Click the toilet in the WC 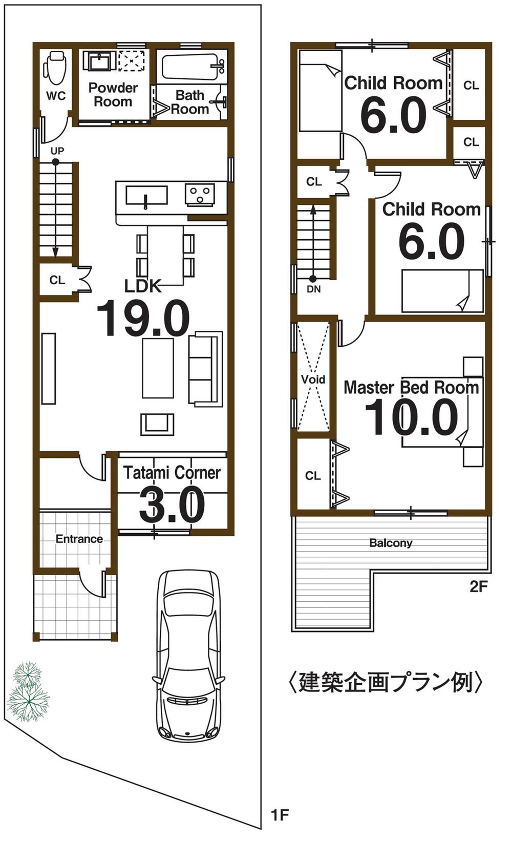[55, 68]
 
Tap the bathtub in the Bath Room [190, 67]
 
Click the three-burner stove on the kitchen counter [200, 194]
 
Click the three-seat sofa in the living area [205, 369]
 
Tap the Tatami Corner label [172, 472]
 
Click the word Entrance [79, 539]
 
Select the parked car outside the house [188, 656]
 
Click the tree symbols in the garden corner [28, 691]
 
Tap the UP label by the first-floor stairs [57, 151]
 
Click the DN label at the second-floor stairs [313, 289]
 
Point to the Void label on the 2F [313, 380]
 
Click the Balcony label [391, 543]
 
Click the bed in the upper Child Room [320, 97]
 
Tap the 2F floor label [478, 586]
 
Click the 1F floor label [280, 814]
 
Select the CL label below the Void [313, 476]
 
